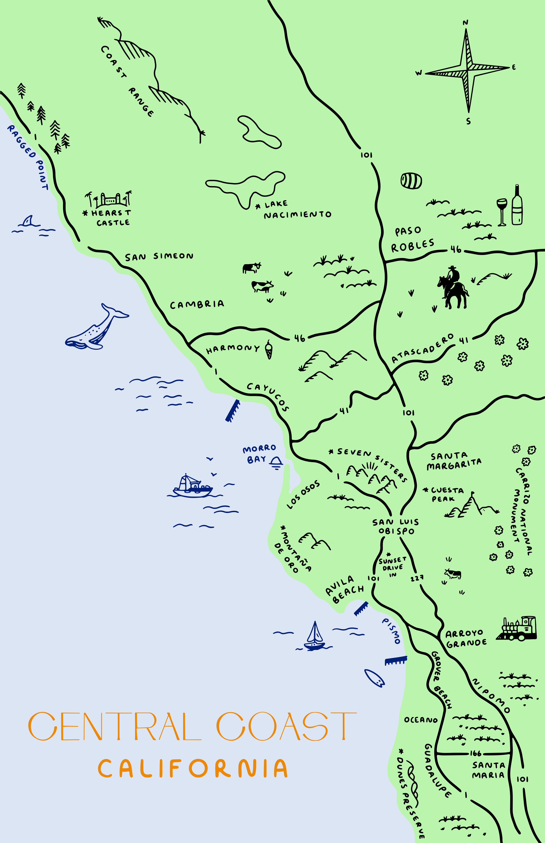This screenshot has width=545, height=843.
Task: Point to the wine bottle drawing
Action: click(517, 205)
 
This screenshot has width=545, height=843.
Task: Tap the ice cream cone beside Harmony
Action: click(269, 350)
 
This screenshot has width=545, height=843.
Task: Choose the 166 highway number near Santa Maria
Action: click(475, 753)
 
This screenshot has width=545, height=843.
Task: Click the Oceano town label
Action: click(421, 720)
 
